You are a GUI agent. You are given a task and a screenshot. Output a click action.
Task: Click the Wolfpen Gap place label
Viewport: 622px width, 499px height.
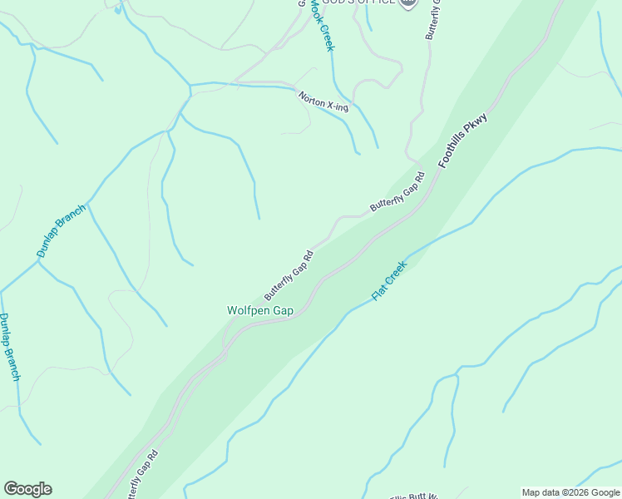pos(260,310)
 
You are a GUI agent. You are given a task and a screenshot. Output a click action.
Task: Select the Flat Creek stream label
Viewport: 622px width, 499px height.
pos(388,281)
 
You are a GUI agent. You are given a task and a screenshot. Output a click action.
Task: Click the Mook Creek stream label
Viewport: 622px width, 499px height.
pos(322,25)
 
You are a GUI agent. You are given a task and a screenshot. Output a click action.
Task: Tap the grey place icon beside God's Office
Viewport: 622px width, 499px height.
pos(407,3)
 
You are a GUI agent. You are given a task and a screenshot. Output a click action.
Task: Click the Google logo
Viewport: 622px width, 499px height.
pos(27,489)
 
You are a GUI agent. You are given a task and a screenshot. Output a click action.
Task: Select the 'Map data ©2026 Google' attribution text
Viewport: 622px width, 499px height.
pos(570,492)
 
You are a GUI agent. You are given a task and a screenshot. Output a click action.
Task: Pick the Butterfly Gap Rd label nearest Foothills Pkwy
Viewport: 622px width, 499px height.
pos(398,191)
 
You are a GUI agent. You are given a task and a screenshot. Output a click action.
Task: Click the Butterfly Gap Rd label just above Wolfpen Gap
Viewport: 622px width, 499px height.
pos(289,275)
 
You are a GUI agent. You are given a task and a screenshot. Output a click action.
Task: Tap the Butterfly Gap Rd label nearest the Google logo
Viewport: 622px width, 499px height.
pos(142,477)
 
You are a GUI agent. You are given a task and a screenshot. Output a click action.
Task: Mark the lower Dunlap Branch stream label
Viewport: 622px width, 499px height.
pos(10,347)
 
